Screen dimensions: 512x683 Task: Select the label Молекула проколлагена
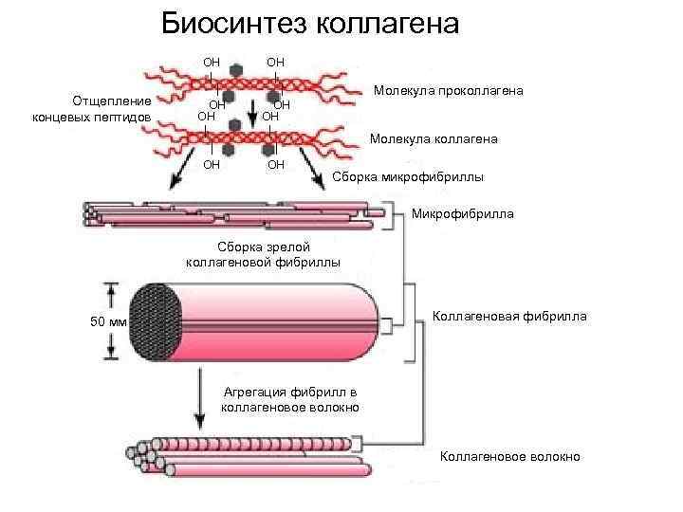click(x=449, y=91)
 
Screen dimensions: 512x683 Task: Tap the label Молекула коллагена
click(x=433, y=139)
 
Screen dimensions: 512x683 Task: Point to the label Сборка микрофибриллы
click(x=408, y=177)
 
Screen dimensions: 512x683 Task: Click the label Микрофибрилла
click(x=463, y=213)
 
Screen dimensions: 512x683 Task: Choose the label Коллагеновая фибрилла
click(x=509, y=316)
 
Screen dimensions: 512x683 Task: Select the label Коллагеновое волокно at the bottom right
click(x=509, y=457)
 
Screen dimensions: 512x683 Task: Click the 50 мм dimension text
click(x=107, y=321)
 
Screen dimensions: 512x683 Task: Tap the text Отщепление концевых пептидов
click(x=103, y=108)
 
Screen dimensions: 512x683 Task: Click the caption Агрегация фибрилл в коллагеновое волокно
click(x=289, y=399)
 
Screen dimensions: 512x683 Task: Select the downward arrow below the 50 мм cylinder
click(x=199, y=398)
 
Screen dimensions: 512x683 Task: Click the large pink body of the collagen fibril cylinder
click(x=275, y=321)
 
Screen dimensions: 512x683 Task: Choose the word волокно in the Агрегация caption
click(x=332, y=407)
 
